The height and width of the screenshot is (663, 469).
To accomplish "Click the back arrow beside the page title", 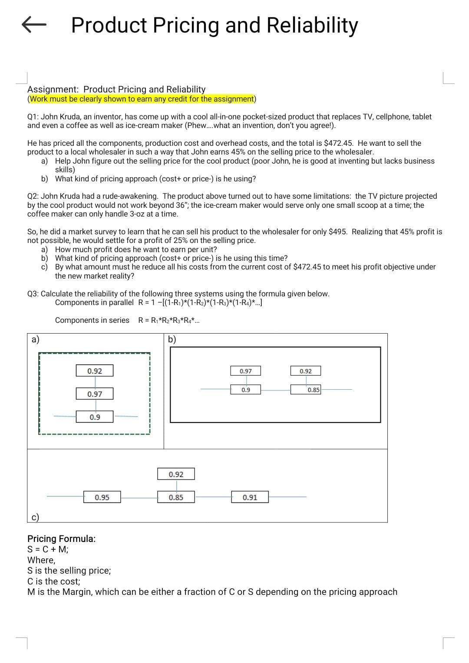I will (x=33, y=25).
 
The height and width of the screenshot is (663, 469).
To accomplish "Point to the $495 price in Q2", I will (x=338, y=232).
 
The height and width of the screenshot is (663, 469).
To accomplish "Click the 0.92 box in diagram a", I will (x=95, y=371).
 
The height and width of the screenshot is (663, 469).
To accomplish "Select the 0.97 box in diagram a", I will (x=95, y=394).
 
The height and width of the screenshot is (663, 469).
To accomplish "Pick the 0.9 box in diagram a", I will (x=95, y=417).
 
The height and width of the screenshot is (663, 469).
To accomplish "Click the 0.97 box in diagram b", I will (x=246, y=371).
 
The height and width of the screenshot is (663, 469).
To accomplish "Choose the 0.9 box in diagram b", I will (x=246, y=390).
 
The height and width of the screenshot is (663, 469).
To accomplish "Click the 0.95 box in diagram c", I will (x=102, y=497).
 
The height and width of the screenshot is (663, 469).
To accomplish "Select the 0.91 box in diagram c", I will (x=250, y=497).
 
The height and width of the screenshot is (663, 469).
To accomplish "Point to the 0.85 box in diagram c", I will (x=176, y=497).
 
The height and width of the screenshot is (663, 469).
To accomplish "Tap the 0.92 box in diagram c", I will (x=176, y=474).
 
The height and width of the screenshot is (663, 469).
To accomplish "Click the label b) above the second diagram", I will (x=172, y=339).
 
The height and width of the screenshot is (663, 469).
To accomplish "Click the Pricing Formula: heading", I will (x=62, y=539).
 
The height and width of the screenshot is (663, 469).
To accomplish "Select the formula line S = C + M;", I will (x=48, y=549).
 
